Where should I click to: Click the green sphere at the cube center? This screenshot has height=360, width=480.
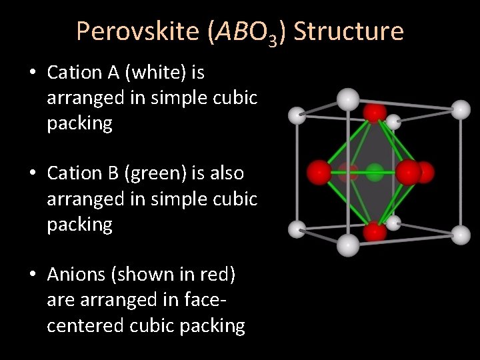(375, 173)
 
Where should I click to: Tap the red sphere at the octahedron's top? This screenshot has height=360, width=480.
(375, 112)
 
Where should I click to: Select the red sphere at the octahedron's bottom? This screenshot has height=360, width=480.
(375, 232)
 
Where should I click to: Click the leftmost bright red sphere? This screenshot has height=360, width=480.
(319, 173)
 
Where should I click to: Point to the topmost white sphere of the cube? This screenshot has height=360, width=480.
(347, 99)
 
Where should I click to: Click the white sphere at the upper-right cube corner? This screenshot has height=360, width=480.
(461, 109)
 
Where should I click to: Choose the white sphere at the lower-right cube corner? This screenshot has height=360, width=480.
(461, 234)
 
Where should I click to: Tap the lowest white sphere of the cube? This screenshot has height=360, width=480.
(347, 246)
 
